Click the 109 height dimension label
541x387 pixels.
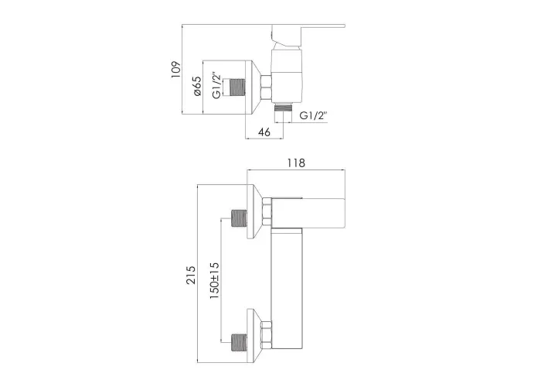pyautogui.click(x=176, y=70)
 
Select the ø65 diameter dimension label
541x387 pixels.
pyautogui.click(x=197, y=87)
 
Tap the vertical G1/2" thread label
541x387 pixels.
pyautogui.click(x=216, y=85)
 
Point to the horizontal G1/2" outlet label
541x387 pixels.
pyautogui.click(x=313, y=115)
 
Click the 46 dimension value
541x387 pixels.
pyautogui.click(x=264, y=132)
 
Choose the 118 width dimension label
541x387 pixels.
pyautogui.click(x=296, y=163)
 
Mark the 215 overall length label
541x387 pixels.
pyautogui.click(x=191, y=275)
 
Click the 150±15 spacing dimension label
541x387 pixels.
pyautogui.click(x=214, y=280)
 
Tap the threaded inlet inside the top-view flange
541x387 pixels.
pyautogui.click(x=236, y=87)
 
